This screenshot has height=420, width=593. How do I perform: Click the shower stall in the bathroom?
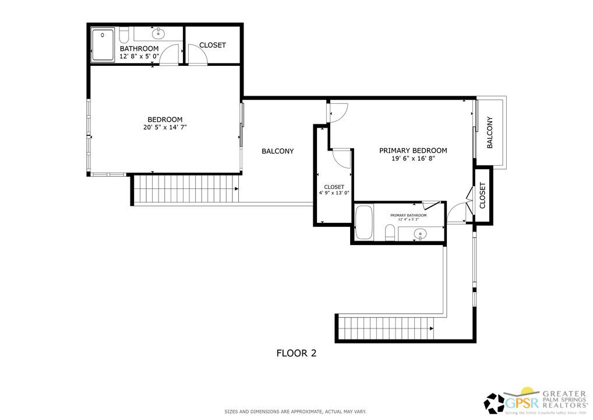[x=103, y=45]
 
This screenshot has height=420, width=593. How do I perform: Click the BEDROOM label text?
[x=165, y=120]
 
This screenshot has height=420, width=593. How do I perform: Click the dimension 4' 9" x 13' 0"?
[x=334, y=193]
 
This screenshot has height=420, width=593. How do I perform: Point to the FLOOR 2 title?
[x=296, y=353]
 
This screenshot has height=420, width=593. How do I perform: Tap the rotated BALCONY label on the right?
[x=490, y=133]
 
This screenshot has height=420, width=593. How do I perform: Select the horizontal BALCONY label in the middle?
[x=277, y=151]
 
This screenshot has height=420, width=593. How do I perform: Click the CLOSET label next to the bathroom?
[x=212, y=45]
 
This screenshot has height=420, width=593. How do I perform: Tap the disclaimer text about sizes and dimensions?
[x=296, y=412]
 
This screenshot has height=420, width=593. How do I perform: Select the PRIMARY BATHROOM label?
[x=408, y=215]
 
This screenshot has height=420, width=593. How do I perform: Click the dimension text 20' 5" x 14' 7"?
[x=165, y=127]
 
